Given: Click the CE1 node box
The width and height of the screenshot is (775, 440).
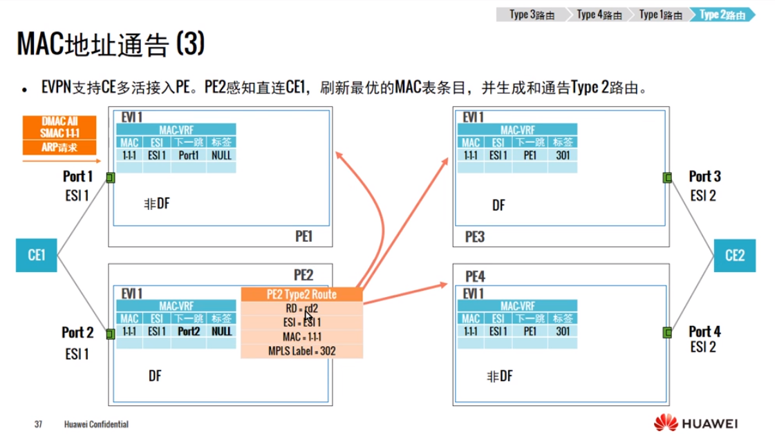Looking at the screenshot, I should pyautogui.click(x=37, y=255).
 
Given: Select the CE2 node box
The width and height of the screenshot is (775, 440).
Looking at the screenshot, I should pyautogui.click(x=735, y=255).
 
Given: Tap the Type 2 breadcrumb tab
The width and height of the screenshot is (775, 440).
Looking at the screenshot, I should pyautogui.click(x=722, y=15).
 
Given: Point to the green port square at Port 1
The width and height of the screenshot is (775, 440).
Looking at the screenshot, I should pyautogui.click(x=111, y=178).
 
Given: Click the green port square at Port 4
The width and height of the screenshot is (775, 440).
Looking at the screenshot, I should pyautogui.click(x=667, y=333).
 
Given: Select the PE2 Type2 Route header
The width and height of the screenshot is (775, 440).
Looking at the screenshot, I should pyautogui.click(x=301, y=294).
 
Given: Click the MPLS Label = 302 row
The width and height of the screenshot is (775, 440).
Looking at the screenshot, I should pyautogui.click(x=301, y=351).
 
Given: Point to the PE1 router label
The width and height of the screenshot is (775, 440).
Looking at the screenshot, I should pyautogui.click(x=304, y=236).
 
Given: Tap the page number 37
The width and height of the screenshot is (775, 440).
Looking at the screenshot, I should pyautogui.click(x=39, y=423).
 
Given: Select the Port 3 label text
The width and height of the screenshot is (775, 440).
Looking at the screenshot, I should pyautogui.click(x=704, y=177).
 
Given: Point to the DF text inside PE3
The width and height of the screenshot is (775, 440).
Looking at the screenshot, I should pyautogui.click(x=498, y=205).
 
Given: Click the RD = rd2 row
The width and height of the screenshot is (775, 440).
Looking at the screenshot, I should pyautogui.click(x=301, y=308).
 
